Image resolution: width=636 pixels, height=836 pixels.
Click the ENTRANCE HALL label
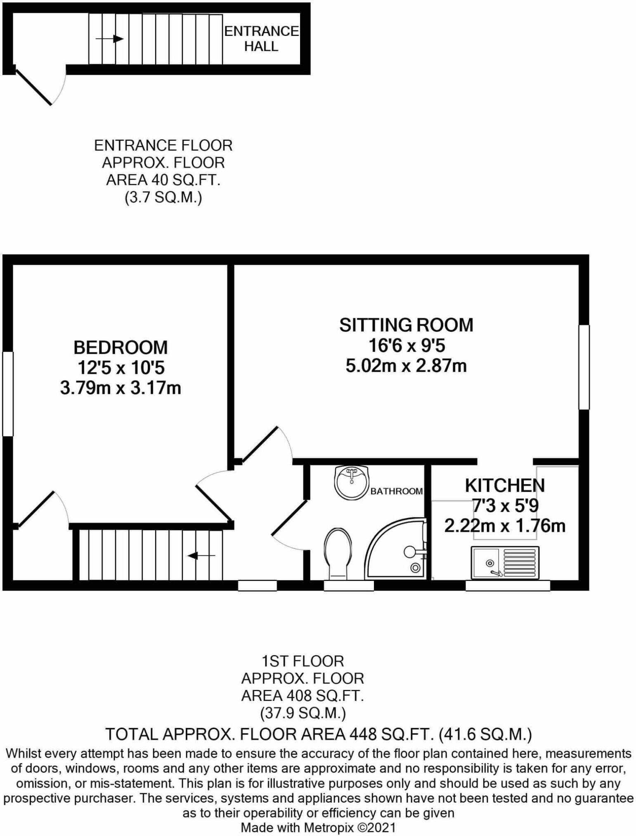pyautogui.click(x=261, y=39)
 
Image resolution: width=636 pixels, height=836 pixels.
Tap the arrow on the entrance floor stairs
pyautogui.click(x=110, y=39)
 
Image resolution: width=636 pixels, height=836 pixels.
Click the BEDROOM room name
pyautogui.click(x=121, y=347)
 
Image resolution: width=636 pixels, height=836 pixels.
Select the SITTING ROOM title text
pyautogui.click(x=406, y=325)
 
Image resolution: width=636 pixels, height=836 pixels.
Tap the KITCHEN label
pyautogui.click(x=505, y=485)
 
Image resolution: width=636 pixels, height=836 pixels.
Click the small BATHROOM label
pyautogui.click(x=396, y=491)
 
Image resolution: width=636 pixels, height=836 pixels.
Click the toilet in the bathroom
pyautogui.click(x=338, y=553)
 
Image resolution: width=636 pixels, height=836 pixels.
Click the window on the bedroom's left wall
pyautogui.click(x=8, y=393)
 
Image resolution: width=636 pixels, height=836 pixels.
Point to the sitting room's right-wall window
pyautogui.click(x=584, y=367)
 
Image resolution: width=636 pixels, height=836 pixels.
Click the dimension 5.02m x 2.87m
pyautogui.click(x=406, y=366)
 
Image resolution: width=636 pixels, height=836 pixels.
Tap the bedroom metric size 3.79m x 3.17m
pyautogui.click(x=121, y=388)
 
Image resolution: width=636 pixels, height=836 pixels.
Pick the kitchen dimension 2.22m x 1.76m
pyautogui.click(x=505, y=526)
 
